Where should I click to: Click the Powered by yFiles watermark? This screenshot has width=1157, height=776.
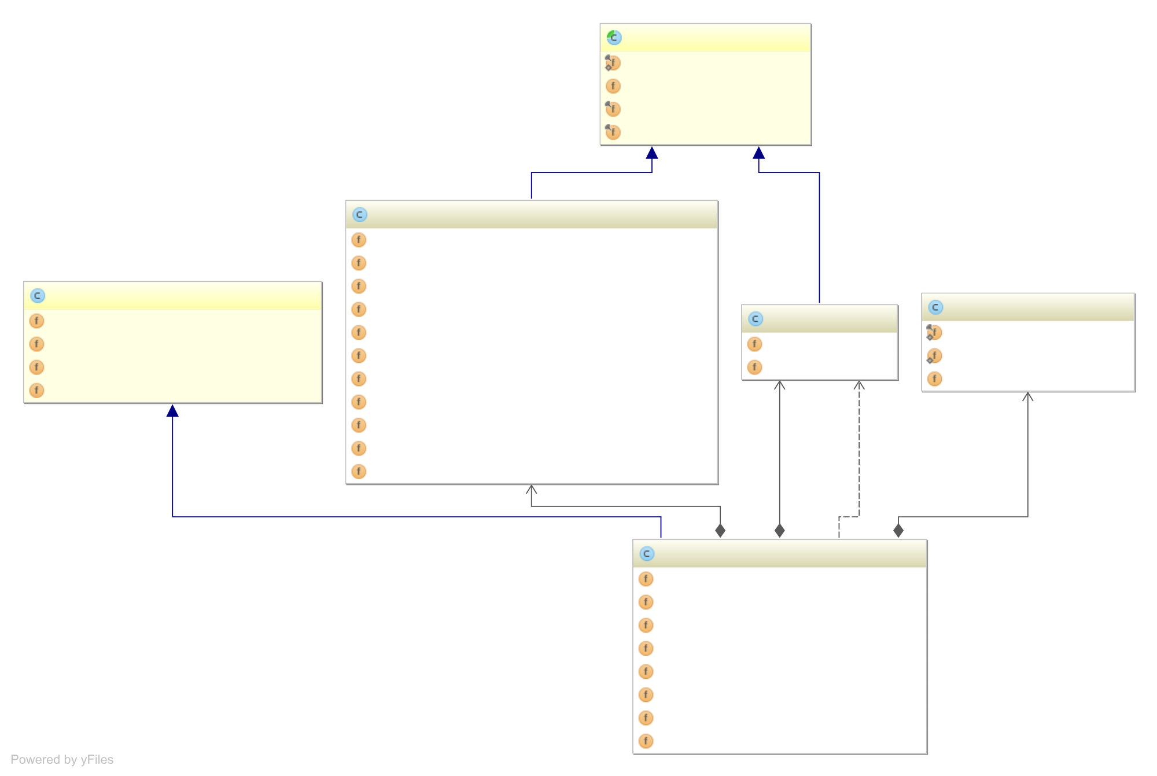coord(62,759)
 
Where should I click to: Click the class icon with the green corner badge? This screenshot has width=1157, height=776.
coord(614,38)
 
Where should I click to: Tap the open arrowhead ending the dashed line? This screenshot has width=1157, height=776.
coord(859,385)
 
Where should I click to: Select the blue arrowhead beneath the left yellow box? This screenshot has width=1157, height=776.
coord(172,411)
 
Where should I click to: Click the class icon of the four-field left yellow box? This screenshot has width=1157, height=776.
coord(37,296)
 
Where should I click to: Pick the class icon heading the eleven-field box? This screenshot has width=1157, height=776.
coord(359,215)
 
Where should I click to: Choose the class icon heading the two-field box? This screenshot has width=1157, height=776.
coord(755,319)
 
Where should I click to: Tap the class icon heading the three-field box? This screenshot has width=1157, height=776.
coord(935,307)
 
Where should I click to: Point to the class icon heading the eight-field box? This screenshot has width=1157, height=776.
coord(646,554)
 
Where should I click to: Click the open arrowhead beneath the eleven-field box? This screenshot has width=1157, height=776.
coord(531,490)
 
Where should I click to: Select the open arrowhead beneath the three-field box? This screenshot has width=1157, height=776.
coord(1027,397)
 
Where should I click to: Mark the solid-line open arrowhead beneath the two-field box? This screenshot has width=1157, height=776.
coord(779,385)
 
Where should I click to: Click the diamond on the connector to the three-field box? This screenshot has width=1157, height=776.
coord(898,530)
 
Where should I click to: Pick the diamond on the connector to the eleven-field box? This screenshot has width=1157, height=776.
coord(720,530)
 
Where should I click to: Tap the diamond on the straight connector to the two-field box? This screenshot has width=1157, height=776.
coord(779,530)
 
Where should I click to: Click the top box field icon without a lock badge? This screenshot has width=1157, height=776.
coord(613,86)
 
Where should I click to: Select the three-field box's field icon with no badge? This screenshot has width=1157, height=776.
coord(934,379)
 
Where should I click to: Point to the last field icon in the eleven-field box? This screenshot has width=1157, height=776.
coord(359,472)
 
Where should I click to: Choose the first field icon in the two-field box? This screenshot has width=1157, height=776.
coord(754,344)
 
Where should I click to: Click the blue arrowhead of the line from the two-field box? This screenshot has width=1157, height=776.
coord(758,153)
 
